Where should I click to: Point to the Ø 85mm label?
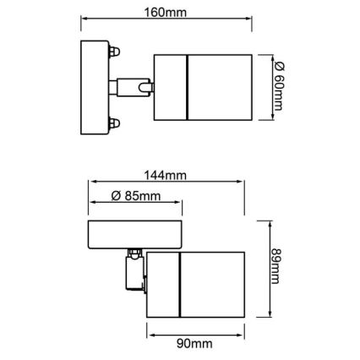[x=136, y=196]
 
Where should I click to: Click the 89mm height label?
[x=275, y=266]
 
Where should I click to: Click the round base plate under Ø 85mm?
[x=134, y=234]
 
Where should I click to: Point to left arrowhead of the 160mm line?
[x=83, y=24]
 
